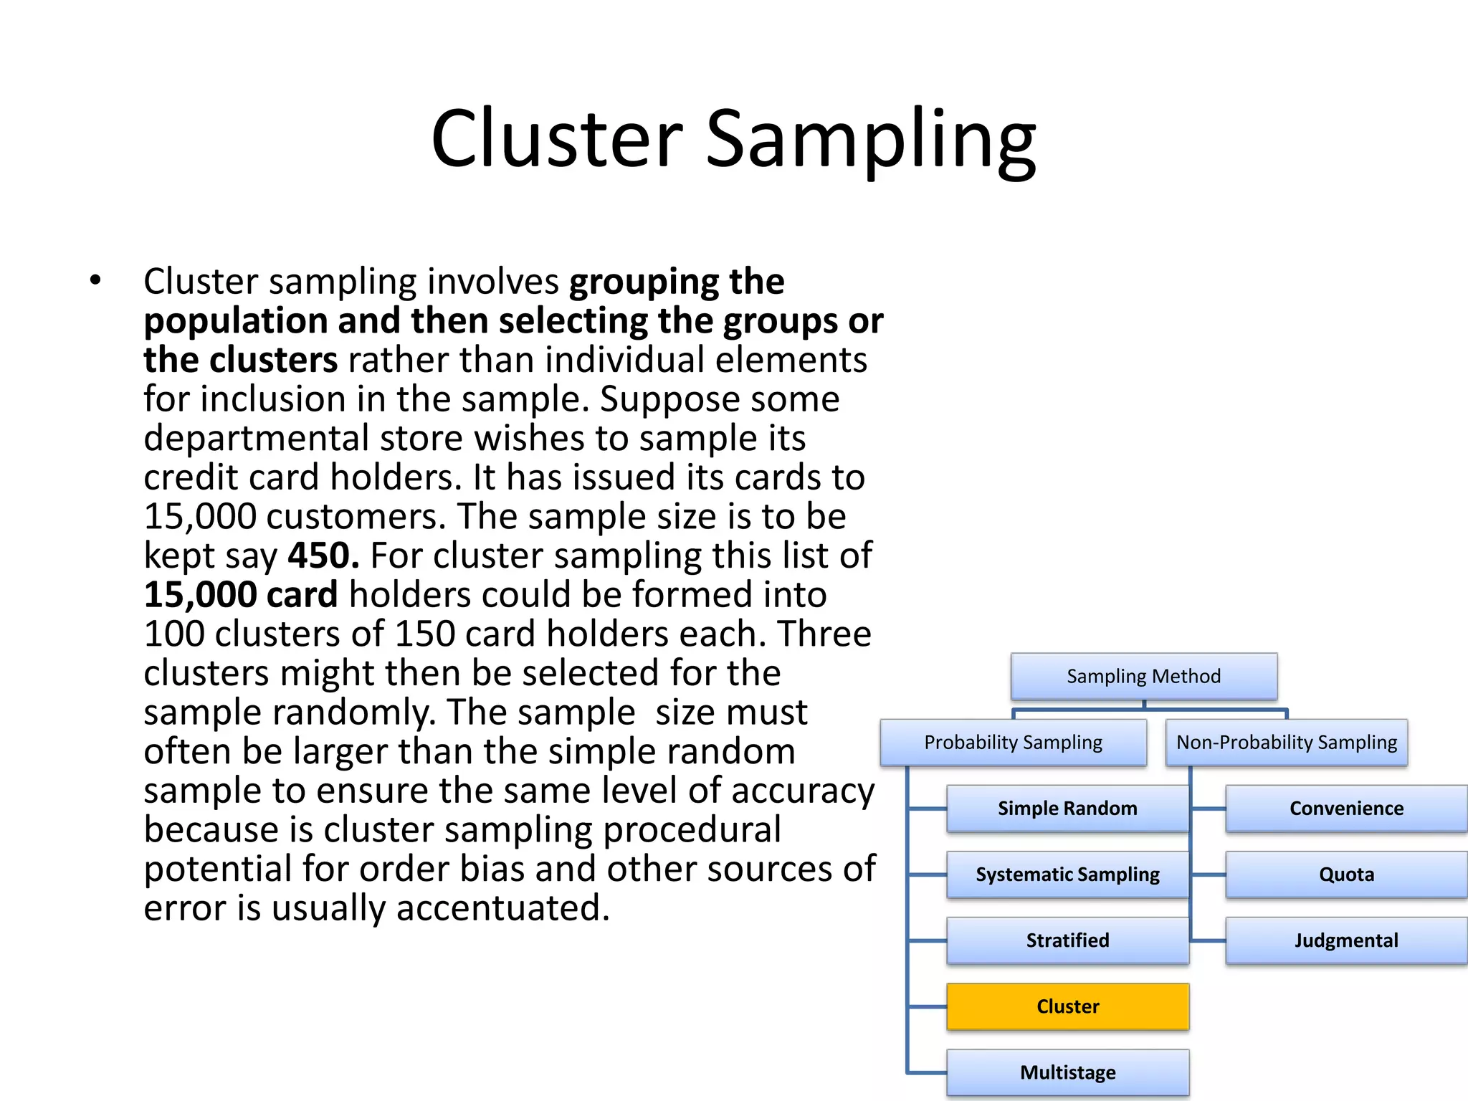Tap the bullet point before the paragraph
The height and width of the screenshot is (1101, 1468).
pyautogui.click(x=96, y=280)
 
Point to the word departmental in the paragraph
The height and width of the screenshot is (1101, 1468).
pyautogui.click(x=256, y=438)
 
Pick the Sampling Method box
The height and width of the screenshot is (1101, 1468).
pyautogui.click(x=1143, y=676)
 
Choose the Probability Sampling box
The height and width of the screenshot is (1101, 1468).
pyautogui.click(x=1013, y=743)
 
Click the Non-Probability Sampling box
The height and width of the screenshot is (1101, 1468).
pyautogui.click(x=1287, y=743)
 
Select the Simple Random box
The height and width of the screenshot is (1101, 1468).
pyautogui.click(x=1067, y=809)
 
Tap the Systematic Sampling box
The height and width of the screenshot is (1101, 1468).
pyautogui.click(x=1067, y=874)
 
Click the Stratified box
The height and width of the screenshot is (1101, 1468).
pyautogui.click(x=1067, y=940)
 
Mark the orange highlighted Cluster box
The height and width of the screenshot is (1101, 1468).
pyautogui.click(x=1067, y=1006)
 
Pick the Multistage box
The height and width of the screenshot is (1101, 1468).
pyautogui.click(x=1067, y=1072)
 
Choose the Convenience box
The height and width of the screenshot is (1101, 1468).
pyautogui.click(x=1346, y=809)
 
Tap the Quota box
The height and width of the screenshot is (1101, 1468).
pyautogui.click(x=1346, y=874)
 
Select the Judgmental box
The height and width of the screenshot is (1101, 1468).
pyautogui.click(x=1346, y=940)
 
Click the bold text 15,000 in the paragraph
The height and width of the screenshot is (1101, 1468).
pyautogui.click(x=200, y=595)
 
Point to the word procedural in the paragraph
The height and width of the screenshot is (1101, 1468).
pyautogui.click(x=692, y=830)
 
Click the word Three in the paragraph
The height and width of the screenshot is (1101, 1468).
pyautogui.click(x=824, y=634)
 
